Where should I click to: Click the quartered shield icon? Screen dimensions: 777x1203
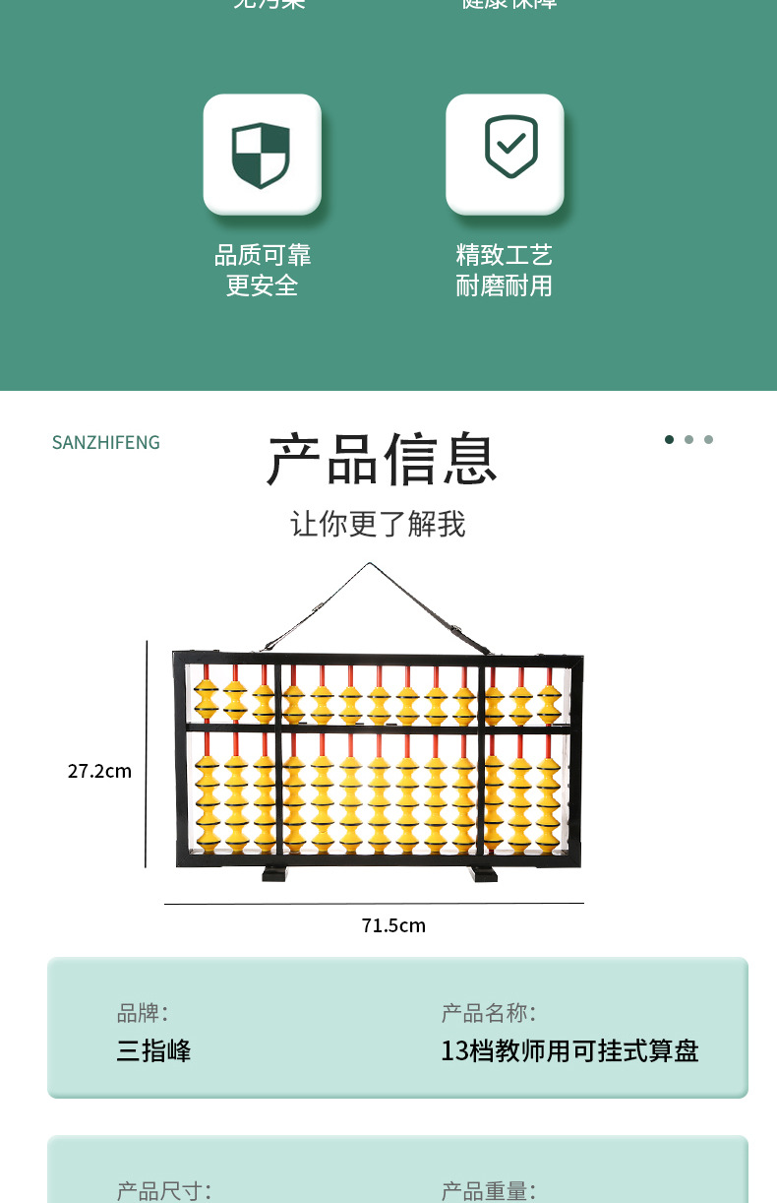(x=262, y=155)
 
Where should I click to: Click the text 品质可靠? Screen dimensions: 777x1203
(x=263, y=256)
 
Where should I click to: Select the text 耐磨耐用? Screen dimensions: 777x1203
(x=505, y=286)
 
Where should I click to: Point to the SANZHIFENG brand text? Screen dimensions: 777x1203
(x=106, y=443)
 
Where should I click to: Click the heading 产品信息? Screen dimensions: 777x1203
(x=382, y=460)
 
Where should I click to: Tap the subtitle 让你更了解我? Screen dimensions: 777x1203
(x=378, y=524)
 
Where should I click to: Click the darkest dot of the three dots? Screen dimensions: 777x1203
(x=670, y=440)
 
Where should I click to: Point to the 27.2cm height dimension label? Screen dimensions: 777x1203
(x=99, y=771)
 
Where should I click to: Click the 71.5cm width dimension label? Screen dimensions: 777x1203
(x=393, y=925)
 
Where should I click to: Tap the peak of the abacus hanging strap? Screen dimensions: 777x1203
(x=370, y=564)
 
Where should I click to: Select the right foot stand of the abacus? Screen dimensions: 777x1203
(x=484, y=873)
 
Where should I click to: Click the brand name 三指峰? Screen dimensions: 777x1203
(x=154, y=1050)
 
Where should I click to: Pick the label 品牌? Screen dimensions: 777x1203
(x=143, y=1012)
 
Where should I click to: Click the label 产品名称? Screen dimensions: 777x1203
(x=489, y=1012)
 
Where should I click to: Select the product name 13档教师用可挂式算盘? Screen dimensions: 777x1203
(x=569, y=1050)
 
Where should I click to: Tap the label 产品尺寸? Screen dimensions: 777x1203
(x=164, y=1191)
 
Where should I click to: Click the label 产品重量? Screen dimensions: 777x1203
(x=489, y=1191)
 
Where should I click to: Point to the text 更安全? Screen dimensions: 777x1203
(x=263, y=286)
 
